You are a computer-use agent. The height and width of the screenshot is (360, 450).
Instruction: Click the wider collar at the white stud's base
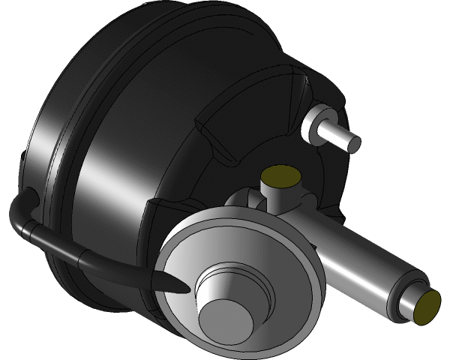313,120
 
